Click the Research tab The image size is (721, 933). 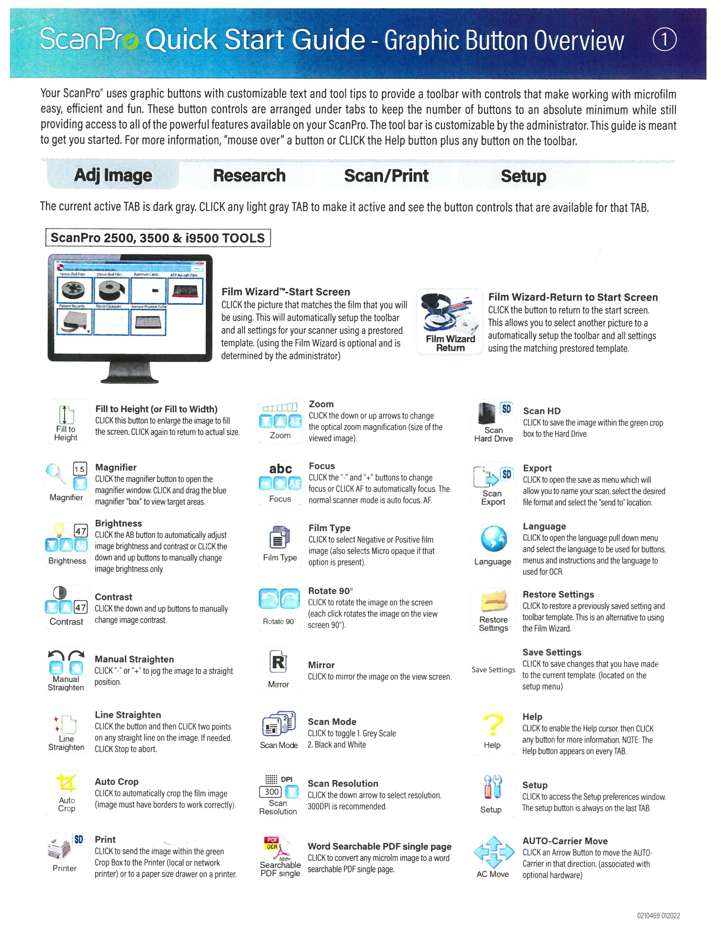(x=249, y=176)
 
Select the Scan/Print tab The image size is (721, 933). (x=386, y=176)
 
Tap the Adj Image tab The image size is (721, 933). (x=113, y=176)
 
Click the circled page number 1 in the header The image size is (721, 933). (x=665, y=40)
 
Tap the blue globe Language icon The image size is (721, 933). (x=494, y=538)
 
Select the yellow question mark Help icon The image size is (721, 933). (x=493, y=724)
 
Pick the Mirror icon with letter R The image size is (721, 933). (x=278, y=662)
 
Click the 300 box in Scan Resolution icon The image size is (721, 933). (x=271, y=792)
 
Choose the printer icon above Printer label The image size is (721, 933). (x=59, y=849)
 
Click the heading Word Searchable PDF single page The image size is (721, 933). (x=379, y=846)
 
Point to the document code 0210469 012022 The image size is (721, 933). (x=658, y=916)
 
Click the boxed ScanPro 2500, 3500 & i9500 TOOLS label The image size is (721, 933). (x=158, y=238)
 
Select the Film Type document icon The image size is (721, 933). (x=279, y=538)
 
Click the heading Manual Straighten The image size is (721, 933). (x=134, y=659)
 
